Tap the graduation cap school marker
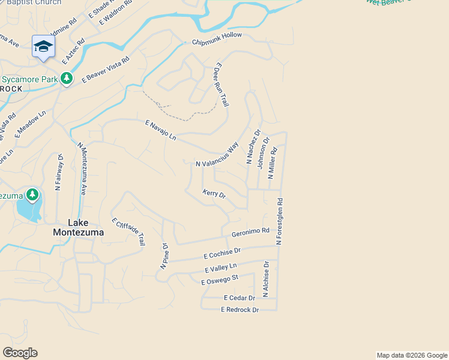coord(44,46)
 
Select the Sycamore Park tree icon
coord(67,79)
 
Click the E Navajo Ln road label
coord(161,130)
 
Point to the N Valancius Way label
coord(217,155)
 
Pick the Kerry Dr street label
coord(214,194)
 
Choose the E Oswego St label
coord(220,280)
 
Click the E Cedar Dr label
coord(239,298)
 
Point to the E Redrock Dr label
coord(240,310)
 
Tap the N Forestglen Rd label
coord(280,221)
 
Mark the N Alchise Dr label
coord(267,279)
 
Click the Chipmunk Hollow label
coord(217,38)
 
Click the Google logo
coord(20,353)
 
